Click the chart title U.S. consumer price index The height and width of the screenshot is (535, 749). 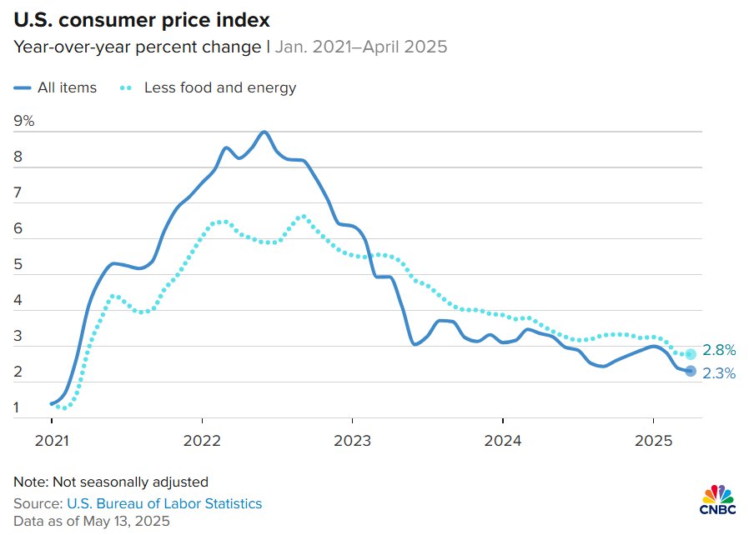click(x=141, y=17)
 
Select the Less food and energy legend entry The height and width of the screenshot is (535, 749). click(x=209, y=87)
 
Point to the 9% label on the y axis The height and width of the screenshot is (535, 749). click(x=24, y=121)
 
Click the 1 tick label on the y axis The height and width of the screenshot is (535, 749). click(x=18, y=408)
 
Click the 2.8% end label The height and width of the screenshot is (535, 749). click(x=719, y=350)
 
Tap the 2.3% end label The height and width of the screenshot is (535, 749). click(x=719, y=374)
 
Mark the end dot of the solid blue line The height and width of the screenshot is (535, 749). click(x=691, y=371)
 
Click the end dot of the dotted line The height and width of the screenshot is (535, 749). click(x=691, y=354)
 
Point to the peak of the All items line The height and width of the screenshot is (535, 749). click(x=264, y=132)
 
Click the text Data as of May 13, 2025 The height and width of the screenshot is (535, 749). click(x=91, y=522)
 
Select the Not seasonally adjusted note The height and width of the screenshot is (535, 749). click(x=111, y=482)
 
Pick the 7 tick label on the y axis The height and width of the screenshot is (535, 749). click(x=18, y=192)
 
